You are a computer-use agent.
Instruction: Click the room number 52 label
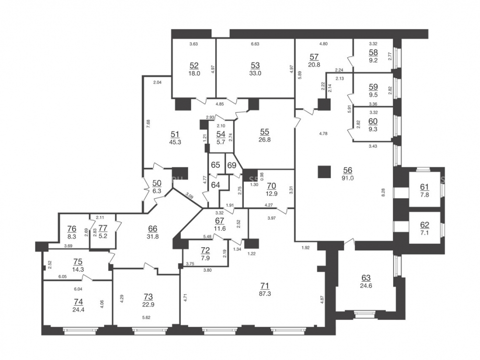point(194,65)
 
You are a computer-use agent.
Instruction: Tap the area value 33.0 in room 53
point(255,73)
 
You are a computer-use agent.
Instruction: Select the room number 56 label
point(348,170)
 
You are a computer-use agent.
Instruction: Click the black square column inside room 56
point(324,172)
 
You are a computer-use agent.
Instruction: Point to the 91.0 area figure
point(348,178)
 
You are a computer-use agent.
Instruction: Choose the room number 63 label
point(366,278)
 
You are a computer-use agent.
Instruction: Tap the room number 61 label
point(425,187)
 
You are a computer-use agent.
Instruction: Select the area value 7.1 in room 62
point(425,233)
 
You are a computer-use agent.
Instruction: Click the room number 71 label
point(264,286)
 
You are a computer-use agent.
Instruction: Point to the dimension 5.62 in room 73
point(146,317)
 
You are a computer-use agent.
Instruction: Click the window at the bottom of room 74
point(80,330)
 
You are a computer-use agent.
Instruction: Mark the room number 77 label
point(103,228)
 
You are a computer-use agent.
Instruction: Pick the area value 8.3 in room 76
point(72,236)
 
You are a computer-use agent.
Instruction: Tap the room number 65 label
point(216,165)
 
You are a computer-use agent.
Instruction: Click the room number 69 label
point(232,165)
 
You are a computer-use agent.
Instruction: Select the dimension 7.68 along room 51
point(148,124)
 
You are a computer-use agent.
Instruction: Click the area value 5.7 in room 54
point(221,142)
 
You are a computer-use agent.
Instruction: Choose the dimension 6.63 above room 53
point(255,44)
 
